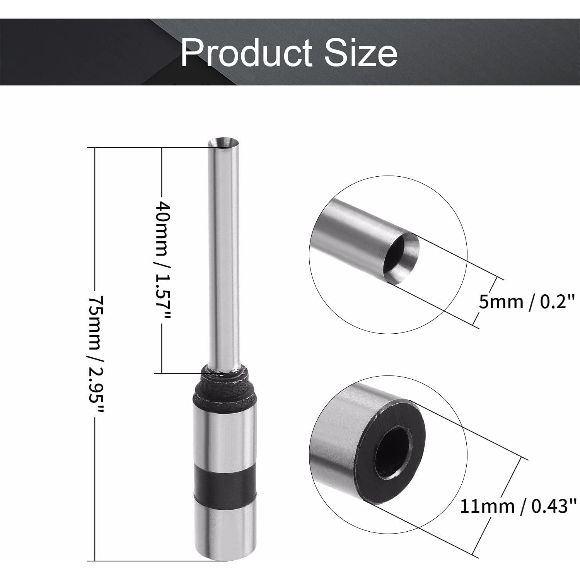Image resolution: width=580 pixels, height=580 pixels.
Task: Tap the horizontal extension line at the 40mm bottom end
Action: click(178, 373)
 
